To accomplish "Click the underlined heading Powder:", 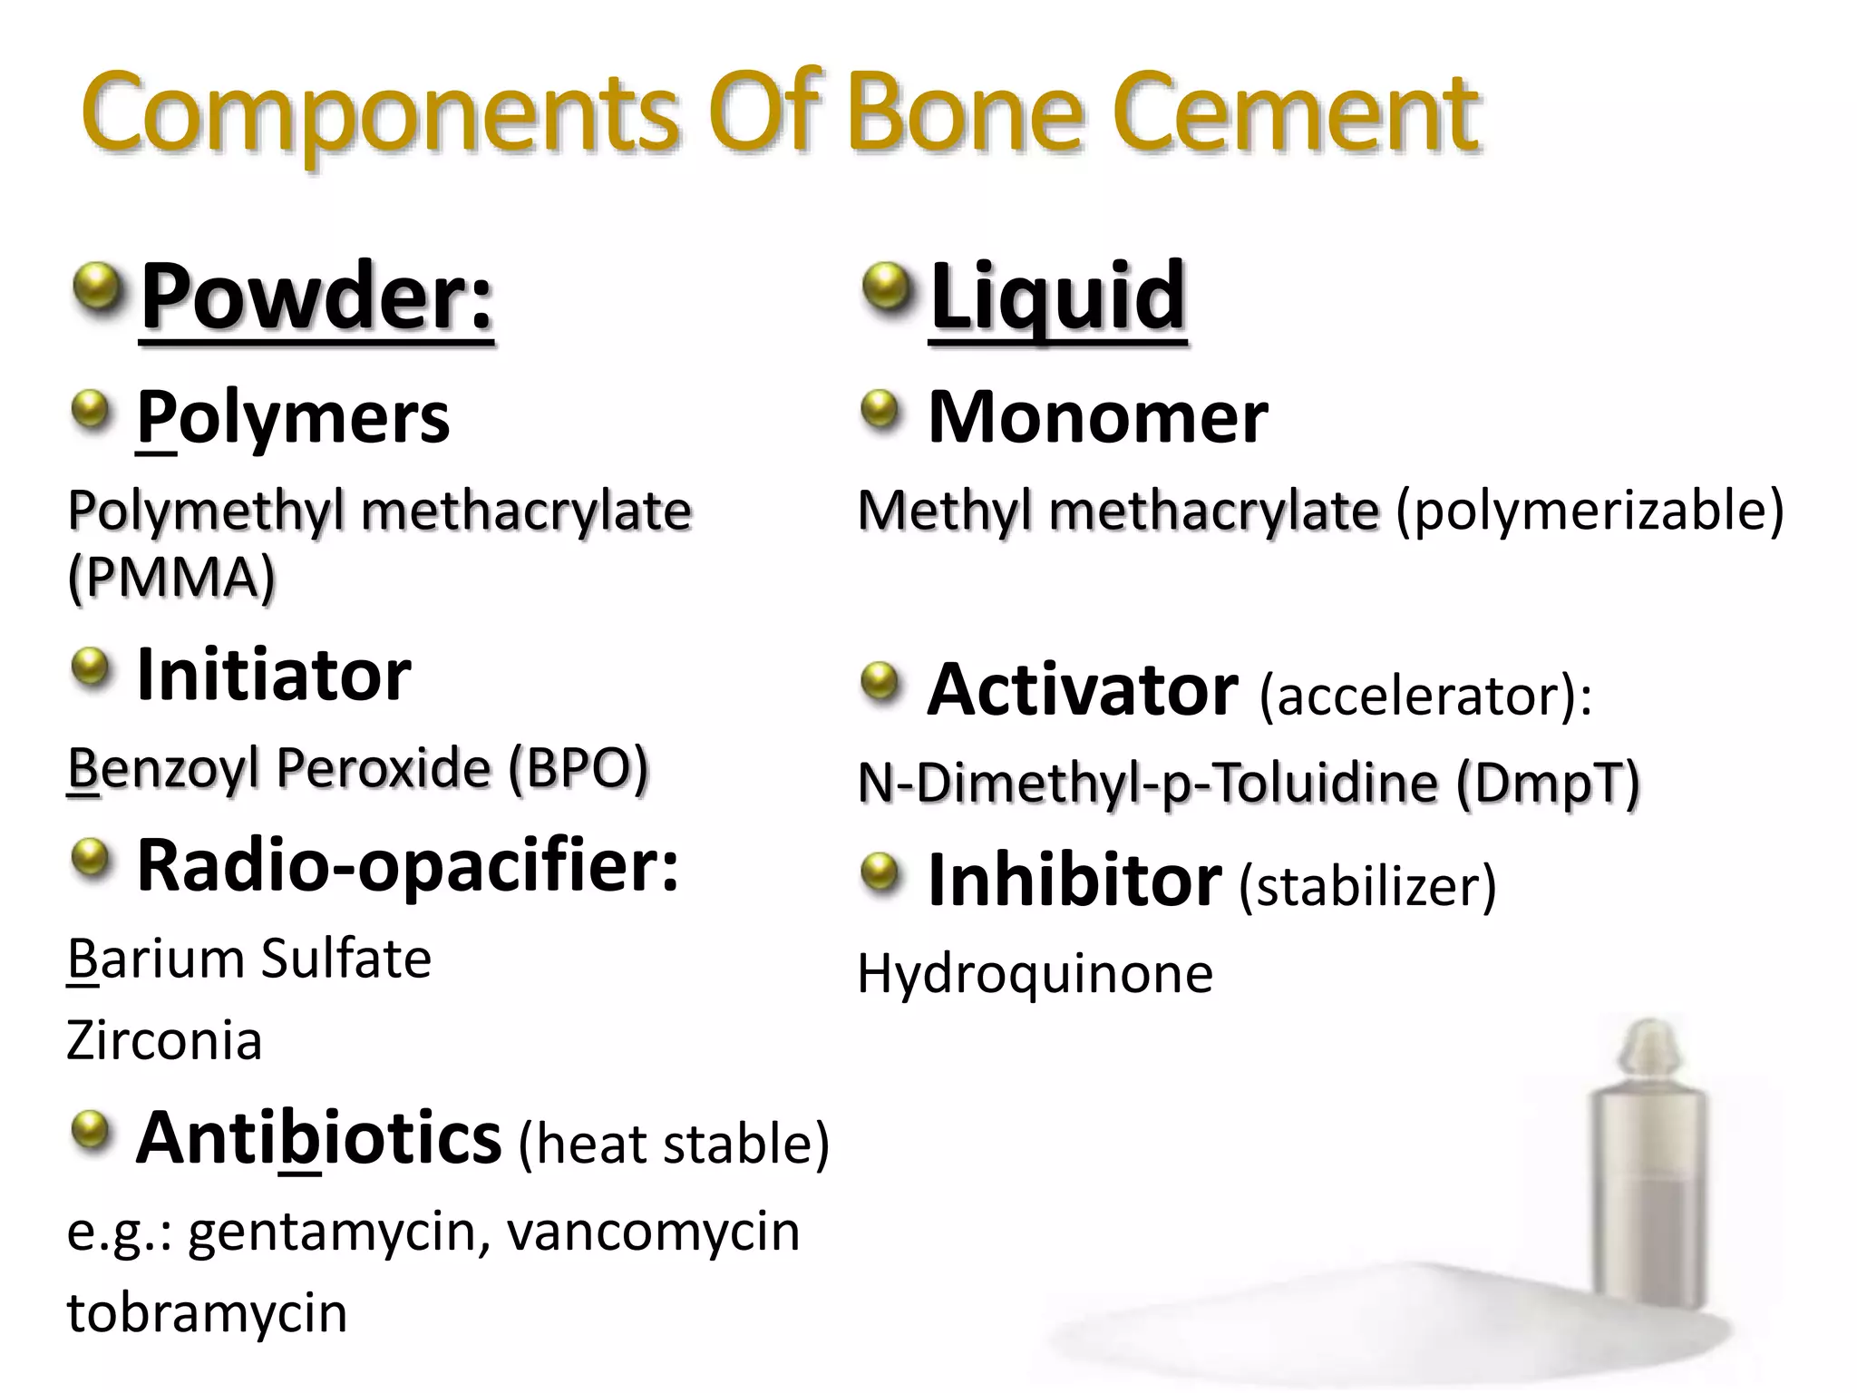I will tap(316, 297).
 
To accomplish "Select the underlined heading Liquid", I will tap(1058, 297).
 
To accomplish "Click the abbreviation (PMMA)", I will tap(171, 578).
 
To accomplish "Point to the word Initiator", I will tap(274, 676).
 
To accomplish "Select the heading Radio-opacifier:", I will tap(407, 866).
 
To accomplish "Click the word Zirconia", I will tap(164, 1040).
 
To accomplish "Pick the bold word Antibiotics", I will tap(318, 1139).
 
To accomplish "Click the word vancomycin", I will tap(653, 1232).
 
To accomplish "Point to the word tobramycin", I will tap(207, 1313).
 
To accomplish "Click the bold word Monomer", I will tap(1097, 418).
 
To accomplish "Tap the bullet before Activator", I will tap(880, 684).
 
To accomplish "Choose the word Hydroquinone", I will tap(1035, 974).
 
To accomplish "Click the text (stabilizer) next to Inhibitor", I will tap(1367, 886).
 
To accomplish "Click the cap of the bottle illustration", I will tap(1648, 1052).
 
